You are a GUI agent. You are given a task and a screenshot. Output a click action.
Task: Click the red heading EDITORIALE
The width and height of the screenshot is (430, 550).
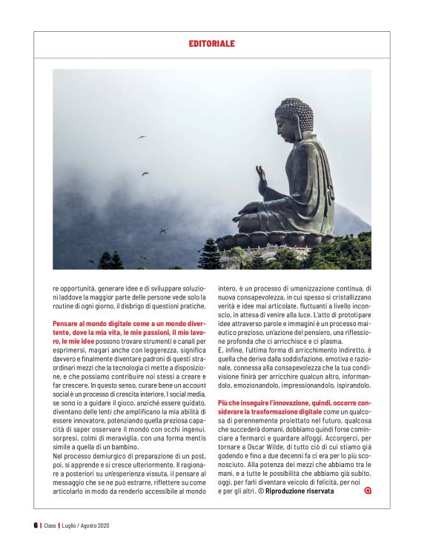tap(211, 44)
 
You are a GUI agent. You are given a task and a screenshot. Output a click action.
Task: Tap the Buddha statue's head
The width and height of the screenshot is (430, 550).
tap(294, 115)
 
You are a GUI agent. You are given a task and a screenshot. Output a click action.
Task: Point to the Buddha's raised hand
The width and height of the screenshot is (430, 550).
tap(261, 174)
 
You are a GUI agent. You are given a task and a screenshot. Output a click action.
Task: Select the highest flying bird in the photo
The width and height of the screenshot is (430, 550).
tap(141, 137)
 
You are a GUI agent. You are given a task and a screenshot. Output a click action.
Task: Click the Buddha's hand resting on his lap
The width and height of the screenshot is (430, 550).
tap(256, 209)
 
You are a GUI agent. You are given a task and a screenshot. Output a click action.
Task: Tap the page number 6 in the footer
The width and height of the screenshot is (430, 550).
tap(35, 526)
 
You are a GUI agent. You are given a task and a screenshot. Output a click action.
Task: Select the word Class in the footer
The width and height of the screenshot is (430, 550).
tap(50, 526)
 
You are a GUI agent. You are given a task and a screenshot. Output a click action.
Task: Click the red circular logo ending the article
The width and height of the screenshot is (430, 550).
tap(368, 490)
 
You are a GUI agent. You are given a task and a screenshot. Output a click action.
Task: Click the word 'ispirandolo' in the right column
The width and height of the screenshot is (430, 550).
tap(349, 386)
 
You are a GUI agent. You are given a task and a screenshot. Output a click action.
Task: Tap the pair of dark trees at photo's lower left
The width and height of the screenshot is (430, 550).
tap(110, 259)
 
